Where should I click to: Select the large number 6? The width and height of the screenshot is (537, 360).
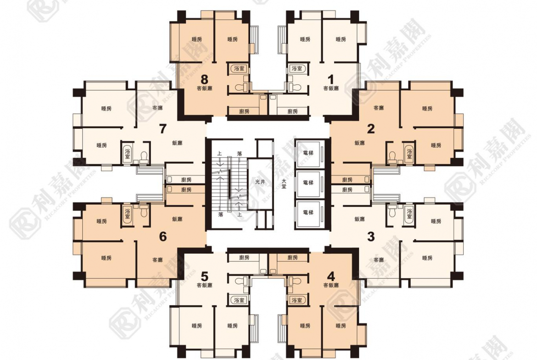tap(162, 237)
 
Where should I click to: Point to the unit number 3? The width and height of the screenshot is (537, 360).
tap(371, 237)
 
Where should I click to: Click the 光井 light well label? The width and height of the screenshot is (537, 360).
tap(260, 182)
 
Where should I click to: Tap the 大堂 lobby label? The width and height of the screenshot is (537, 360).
tap(285, 182)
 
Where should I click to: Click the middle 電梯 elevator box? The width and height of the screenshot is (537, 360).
tap(308, 183)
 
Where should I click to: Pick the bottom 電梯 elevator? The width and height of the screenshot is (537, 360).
tap(308, 212)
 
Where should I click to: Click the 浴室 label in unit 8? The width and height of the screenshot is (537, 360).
tap(239, 68)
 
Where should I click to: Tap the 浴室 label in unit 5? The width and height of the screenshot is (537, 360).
tap(239, 300)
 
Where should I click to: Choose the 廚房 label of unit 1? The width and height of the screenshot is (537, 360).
tap(292, 111)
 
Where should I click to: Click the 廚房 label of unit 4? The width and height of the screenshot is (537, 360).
tap(292, 258)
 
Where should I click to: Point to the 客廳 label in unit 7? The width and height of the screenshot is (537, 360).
tap(157, 108)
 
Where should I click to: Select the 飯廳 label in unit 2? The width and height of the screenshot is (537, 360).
tap(359, 143)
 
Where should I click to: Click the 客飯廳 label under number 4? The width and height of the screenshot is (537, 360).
tap(331, 285)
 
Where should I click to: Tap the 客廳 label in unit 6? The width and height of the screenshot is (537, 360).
tap(157, 260)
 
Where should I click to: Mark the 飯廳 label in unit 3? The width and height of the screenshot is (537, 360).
tap(359, 220)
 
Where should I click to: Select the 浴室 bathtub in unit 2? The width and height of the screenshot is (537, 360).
tap(408, 153)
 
